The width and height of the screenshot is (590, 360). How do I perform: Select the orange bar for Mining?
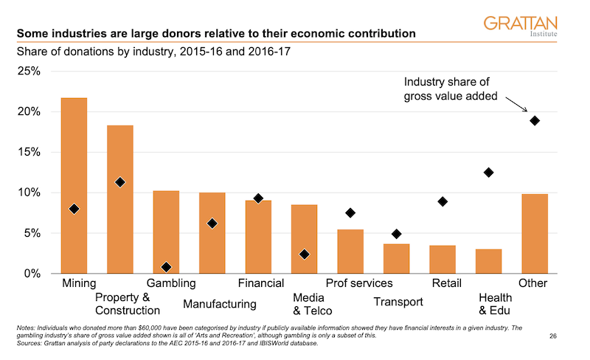[x=74, y=184]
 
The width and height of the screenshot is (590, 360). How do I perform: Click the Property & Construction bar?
[x=120, y=199]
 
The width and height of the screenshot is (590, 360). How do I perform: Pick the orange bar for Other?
[x=534, y=233]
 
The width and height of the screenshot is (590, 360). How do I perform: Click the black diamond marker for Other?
[x=535, y=121]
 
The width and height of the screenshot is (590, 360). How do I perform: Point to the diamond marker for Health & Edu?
[x=488, y=173]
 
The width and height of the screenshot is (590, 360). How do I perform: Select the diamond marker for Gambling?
[x=166, y=267]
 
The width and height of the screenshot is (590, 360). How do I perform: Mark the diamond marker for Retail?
[x=442, y=201]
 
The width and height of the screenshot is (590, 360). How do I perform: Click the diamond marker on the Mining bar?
[x=74, y=209]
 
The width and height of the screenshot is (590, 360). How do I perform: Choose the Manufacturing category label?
[x=219, y=304]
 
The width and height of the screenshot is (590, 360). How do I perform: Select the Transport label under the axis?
[x=398, y=302]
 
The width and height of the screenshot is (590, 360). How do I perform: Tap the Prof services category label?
[x=359, y=283]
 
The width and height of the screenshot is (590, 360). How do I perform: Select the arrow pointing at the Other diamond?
[x=517, y=108]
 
